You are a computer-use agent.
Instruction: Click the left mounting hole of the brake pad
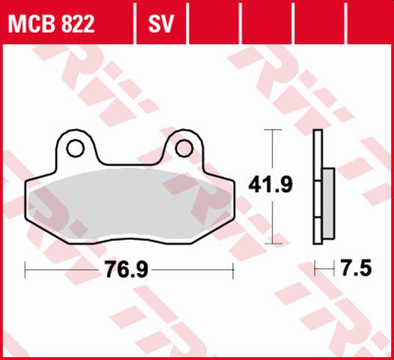pos(75,149)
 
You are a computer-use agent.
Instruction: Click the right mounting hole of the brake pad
pos(183,148)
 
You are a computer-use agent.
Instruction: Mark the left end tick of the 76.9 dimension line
pos(25,268)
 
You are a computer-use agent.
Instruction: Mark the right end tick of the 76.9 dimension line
pos(234,268)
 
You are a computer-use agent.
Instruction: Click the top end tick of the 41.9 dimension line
pos(273,130)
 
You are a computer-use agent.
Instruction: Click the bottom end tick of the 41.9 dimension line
pos(273,241)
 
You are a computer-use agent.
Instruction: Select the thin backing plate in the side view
pos(318,187)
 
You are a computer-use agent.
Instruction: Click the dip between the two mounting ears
pos(129,159)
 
